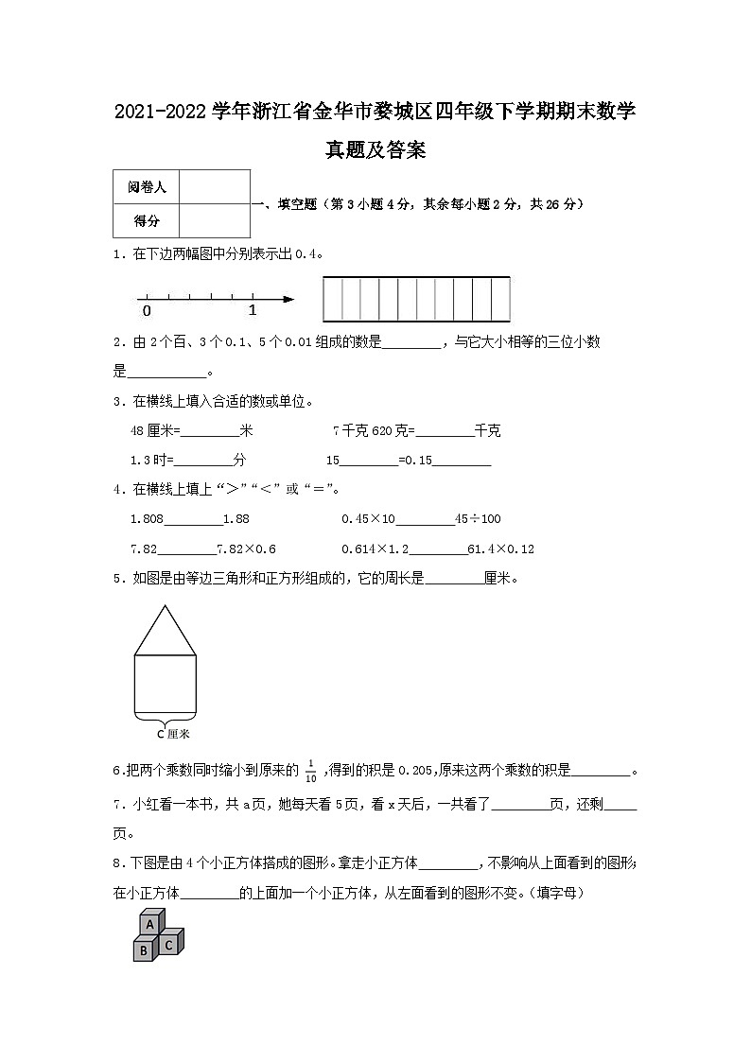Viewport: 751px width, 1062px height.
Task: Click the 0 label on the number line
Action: click(x=146, y=310)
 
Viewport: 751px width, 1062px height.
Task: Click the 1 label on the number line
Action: click(x=253, y=310)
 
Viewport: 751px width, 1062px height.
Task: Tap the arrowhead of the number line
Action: click(x=288, y=301)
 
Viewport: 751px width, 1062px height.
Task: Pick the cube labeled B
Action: click(x=143, y=949)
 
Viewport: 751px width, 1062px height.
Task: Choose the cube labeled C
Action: click(x=168, y=944)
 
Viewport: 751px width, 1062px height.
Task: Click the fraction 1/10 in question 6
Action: click(x=310, y=772)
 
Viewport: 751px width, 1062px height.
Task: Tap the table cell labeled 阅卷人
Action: click(x=146, y=187)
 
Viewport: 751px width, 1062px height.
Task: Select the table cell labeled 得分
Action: click(x=146, y=221)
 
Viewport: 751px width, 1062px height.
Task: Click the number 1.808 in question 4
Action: click(x=147, y=518)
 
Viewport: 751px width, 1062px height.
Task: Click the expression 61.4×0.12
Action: click(x=501, y=549)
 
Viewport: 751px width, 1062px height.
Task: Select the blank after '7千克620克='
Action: click(x=445, y=431)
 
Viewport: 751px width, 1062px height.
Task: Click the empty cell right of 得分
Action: click(x=214, y=221)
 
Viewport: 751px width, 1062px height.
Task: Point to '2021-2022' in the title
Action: click(x=160, y=113)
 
